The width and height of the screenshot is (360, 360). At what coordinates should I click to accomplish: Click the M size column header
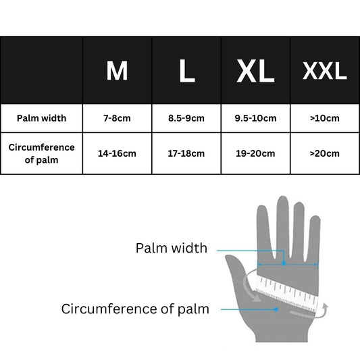point(117,71)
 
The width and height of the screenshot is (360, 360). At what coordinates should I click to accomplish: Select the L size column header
point(187,71)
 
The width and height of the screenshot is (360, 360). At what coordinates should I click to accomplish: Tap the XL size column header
point(255,71)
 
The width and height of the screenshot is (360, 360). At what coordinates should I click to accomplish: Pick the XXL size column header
point(325,71)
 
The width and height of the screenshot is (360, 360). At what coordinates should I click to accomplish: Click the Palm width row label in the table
point(42,118)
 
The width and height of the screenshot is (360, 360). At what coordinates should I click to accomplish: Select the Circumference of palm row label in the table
point(42,153)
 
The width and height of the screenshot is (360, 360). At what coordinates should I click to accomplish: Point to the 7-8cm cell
point(117,118)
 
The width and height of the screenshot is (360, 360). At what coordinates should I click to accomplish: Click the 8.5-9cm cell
point(186,118)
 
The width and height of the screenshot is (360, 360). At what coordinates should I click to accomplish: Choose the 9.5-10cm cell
point(255,118)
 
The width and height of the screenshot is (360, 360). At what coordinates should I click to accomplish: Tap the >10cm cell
point(325,118)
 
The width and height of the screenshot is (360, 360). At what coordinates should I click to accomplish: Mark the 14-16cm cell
point(117,153)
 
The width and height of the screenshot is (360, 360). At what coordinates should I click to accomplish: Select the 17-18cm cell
point(186,153)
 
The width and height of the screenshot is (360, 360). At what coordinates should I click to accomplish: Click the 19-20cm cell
point(255,153)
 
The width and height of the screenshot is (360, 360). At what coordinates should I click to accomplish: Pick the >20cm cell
point(325,153)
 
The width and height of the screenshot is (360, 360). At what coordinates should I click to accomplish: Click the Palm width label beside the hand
point(172,248)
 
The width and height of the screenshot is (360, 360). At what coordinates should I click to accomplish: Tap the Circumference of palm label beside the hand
point(135,309)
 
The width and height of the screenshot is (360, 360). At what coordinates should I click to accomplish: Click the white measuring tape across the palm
point(287,292)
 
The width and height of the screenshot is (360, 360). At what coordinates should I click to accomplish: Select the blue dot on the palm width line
point(284,263)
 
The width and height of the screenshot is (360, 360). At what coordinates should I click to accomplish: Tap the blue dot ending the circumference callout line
point(276,309)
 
